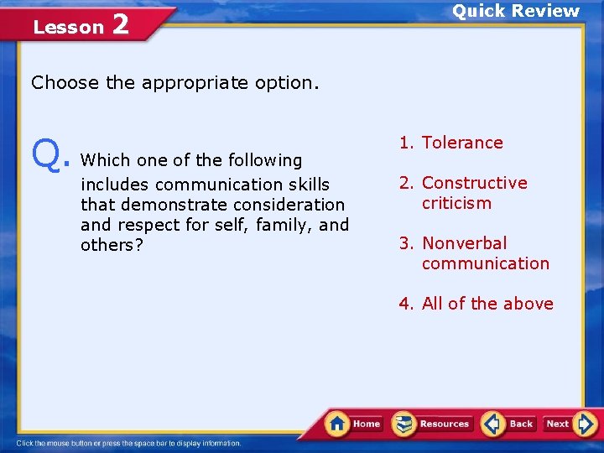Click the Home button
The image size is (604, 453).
pos(354,424)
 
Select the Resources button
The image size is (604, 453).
pos(433,424)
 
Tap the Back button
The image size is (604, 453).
pos(509,424)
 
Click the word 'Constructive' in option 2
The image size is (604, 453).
pos(474,183)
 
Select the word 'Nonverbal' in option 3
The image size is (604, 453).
pos(464,243)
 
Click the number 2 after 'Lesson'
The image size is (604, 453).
pos(120,25)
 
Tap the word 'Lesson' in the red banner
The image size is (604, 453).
pos(67,27)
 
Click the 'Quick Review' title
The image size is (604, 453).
pos(516,11)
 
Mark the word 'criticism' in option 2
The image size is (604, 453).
pos(456,203)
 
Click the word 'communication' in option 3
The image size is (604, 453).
pos(485,263)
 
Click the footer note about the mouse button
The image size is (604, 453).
pos(128,443)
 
